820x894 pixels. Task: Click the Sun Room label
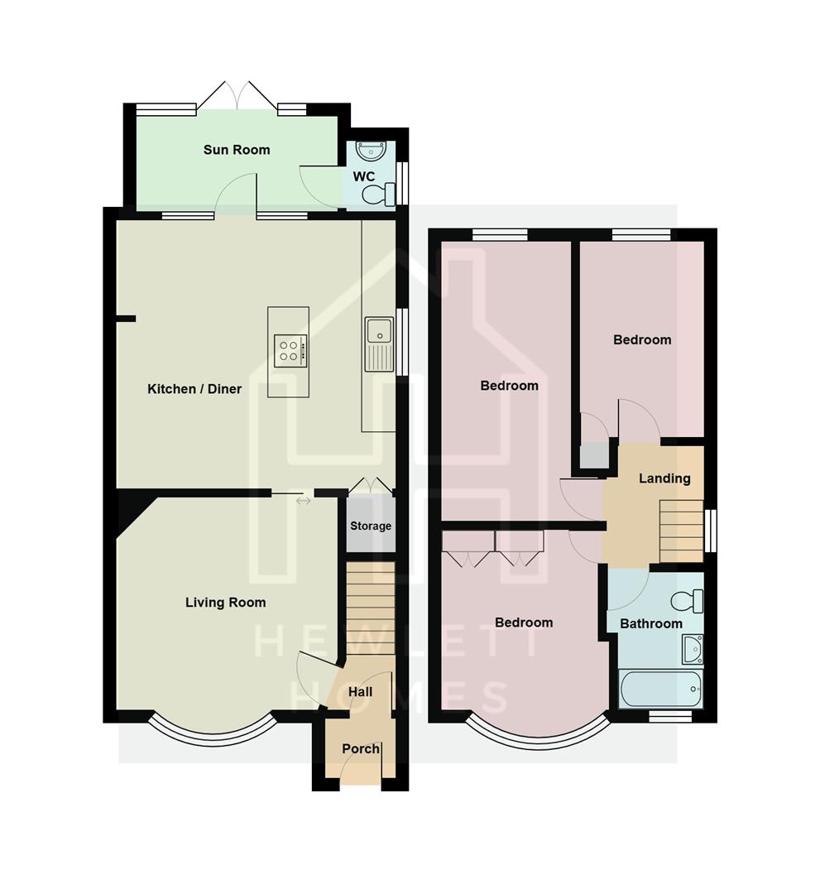coord(237,150)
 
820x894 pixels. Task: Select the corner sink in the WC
coord(371,151)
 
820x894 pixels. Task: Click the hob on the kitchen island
coord(290,350)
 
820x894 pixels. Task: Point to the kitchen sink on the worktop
coord(380,342)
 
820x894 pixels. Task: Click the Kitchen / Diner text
coord(194,389)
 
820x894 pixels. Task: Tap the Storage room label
coord(371,526)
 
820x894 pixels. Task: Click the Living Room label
coord(225,603)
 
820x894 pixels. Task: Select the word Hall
coord(360,692)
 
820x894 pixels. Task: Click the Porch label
coord(361,749)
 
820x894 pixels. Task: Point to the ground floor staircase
coord(370,608)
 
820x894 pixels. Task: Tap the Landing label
coord(664,478)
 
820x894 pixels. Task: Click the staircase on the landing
coord(681,531)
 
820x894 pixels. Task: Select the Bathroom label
coord(651,623)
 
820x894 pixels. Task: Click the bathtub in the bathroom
coord(660,689)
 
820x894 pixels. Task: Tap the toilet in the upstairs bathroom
coord(687,600)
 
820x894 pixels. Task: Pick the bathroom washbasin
coord(693,649)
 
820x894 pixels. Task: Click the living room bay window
coord(212,728)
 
